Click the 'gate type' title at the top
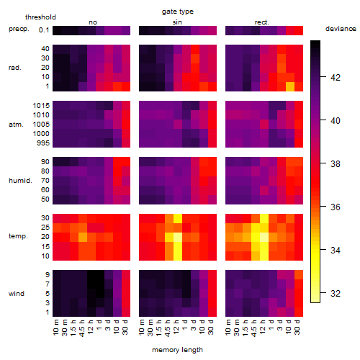click(x=178, y=12)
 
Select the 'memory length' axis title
click(x=177, y=350)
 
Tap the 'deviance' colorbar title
click(x=341, y=29)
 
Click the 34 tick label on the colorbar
click(x=336, y=251)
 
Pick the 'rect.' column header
click(x=262, y=22)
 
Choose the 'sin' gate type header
click(x=177, y=22)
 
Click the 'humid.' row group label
click(x=20, y=181)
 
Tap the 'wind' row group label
click(x=17, y=294)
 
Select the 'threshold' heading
click(x=40, y=17)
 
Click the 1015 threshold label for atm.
click(x=41, y=106)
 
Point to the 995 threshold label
click(x=43, y=143)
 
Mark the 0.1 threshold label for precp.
click(x=44, y=30)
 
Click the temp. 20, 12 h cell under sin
click(x=178, y=237)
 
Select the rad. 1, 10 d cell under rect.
click(x=290, y=87)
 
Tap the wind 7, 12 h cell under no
click(x=91, y=284)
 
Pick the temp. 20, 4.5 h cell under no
click(x=83, y=237)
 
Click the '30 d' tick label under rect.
click(x=297, y=327)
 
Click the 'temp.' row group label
click(x=18, y=236)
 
